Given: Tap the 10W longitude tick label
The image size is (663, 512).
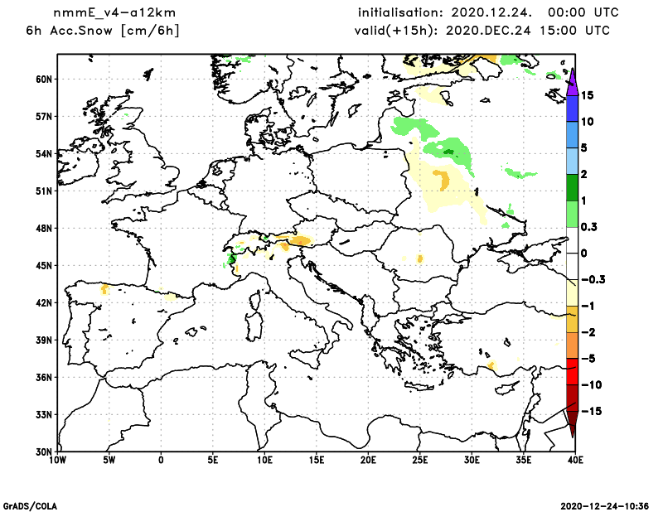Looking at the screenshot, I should [x=57, y=460].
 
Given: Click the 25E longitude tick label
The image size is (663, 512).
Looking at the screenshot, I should [x=420, y=460].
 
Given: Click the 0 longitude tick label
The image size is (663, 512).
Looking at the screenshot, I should [x=161, y=460].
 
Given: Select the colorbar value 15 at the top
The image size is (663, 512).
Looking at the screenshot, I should [x=586, y=94].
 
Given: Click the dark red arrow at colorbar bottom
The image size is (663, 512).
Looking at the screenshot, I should [x=572, y=425].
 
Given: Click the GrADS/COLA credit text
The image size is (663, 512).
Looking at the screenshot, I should [x=25, y=505].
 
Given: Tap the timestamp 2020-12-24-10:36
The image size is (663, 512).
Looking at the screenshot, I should [x=605, y=505].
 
